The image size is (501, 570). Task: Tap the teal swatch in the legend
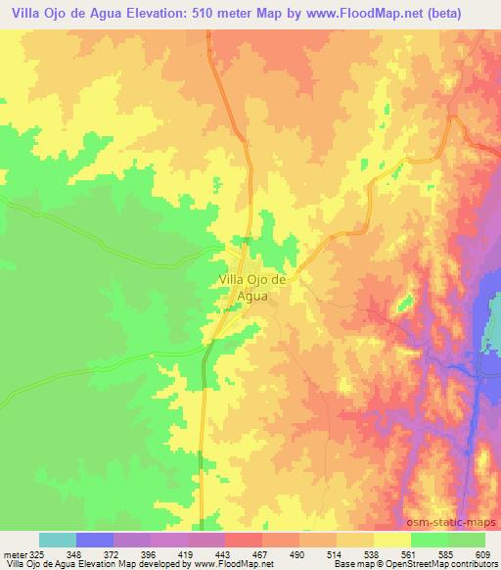tap(58, 540)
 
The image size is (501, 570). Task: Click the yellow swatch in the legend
tap(391, 540)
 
